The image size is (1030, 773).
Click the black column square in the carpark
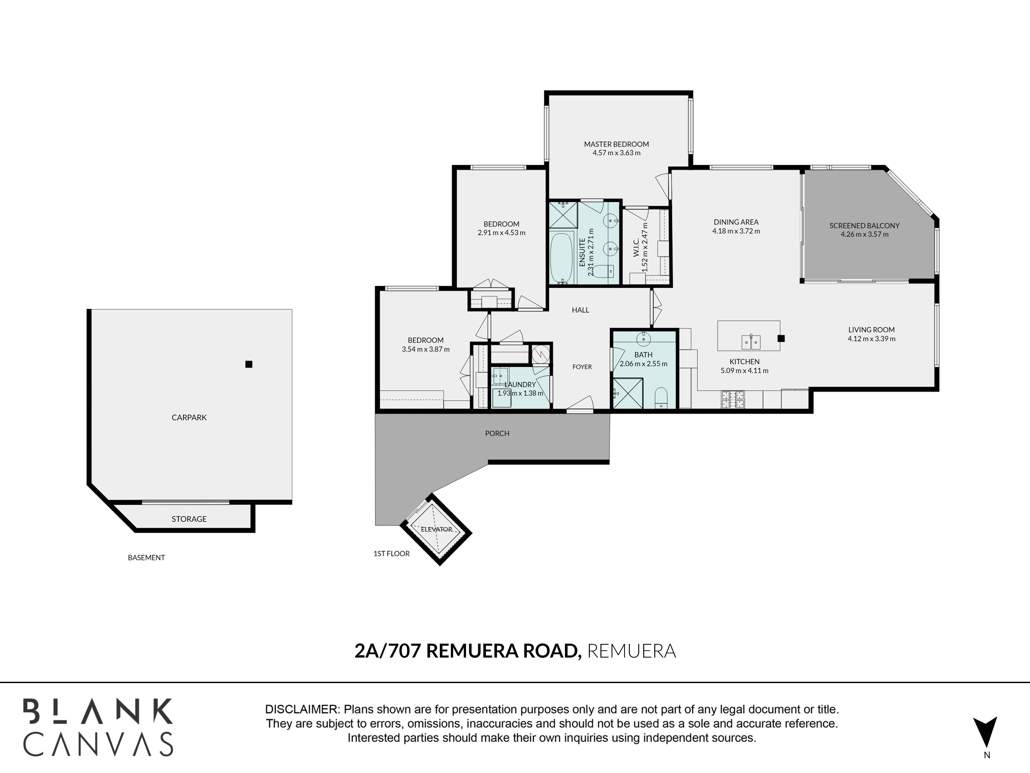tap(249, 364)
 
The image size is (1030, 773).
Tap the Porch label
tap(497, 433)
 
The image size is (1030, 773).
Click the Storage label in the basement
tap(189, 519)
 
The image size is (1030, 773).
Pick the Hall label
tap(581, 310)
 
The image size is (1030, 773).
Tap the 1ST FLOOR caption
tap(392, 553)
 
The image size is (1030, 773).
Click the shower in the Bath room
tap(628, 394)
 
